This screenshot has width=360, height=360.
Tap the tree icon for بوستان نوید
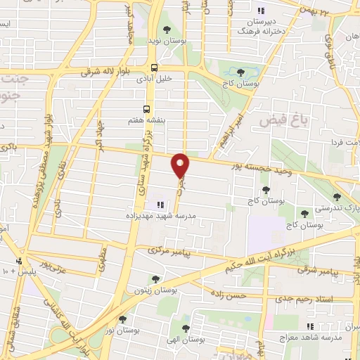(166, 30)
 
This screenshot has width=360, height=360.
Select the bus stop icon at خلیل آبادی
(154, 68)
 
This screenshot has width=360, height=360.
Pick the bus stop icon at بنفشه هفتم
(147, 109)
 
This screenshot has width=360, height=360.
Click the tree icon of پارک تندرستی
(337, 197)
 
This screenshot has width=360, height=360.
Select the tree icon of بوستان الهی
(186, 328)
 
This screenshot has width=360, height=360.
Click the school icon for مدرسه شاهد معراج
(310, 326)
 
